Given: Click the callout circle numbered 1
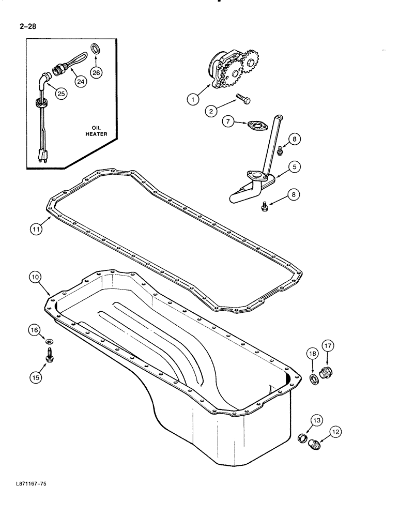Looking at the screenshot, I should point(192,99).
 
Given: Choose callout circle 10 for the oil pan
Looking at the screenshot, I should point(35,278).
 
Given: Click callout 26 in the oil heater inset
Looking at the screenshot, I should point(97,73).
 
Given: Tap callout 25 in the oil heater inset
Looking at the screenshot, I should point(61,94).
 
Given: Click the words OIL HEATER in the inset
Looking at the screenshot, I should point(96,130).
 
